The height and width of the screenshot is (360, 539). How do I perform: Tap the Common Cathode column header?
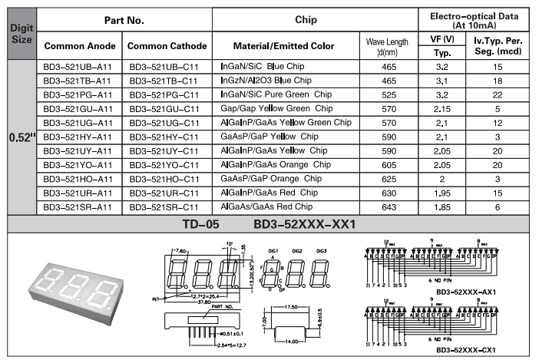click(164, 46)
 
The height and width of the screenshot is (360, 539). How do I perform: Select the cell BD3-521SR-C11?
click(164, 206)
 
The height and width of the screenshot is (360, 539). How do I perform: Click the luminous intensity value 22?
click(498, 94)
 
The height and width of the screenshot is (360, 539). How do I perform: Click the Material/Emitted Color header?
click(283, 46)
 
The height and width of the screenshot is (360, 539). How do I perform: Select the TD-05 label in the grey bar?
click(202, 224)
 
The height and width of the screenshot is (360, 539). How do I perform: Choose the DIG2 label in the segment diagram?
click(296, 252)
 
